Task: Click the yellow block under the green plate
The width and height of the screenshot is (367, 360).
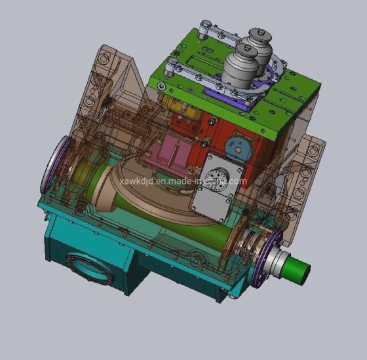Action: click(182, 106)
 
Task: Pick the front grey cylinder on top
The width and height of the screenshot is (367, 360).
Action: click(241, 67)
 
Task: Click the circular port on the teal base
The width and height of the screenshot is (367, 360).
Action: click(90, 269)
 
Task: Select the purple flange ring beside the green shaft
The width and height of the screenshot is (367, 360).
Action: click(267, 258)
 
